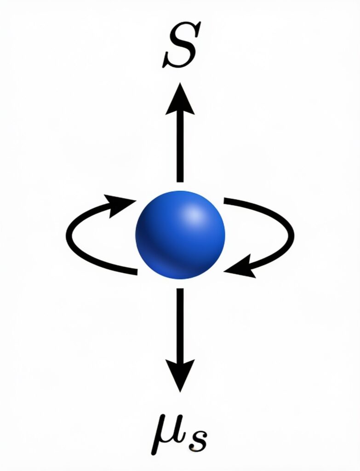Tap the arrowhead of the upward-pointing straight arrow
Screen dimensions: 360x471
(180, 99)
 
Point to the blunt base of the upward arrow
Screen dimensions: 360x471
(180, 181)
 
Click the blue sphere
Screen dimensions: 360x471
(180, 235)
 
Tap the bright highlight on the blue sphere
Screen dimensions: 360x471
(194, 215)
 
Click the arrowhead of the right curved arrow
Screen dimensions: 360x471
(240, 266)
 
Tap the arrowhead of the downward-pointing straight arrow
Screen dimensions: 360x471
(180, 375)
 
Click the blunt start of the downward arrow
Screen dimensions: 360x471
(180, 289)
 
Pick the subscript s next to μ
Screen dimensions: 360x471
(197, 441)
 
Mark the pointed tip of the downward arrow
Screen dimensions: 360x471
(180, 392)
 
